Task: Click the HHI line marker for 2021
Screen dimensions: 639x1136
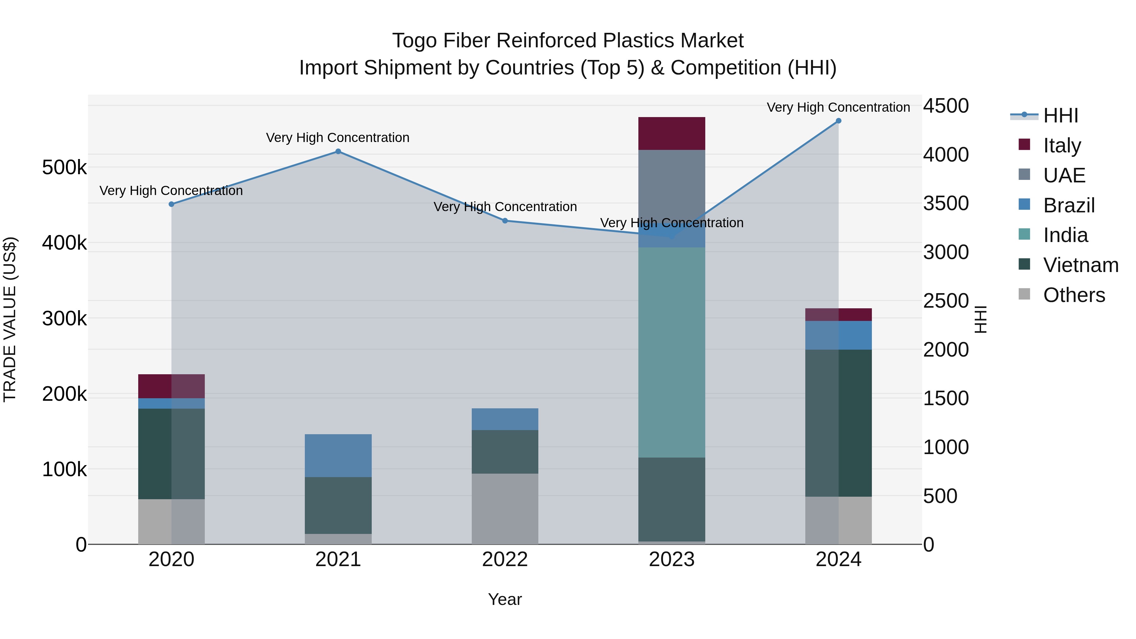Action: (x=338, y=151)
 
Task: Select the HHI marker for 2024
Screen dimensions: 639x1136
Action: (x=838, y=121)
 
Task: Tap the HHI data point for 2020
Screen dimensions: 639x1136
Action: (x=172, y=204)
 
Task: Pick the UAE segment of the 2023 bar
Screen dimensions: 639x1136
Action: (x=672, y=185)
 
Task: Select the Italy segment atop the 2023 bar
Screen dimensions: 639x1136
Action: (x=672, y=133)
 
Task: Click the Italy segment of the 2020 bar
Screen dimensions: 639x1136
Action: (x=172, y=386)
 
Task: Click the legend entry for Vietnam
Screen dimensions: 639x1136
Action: (x=1080, y=265)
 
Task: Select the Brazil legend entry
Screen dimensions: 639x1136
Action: (x=1068, y=205)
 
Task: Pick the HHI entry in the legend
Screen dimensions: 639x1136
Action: (x=1060, y=115)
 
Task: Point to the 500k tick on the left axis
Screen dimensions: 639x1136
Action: (x=64, y=168)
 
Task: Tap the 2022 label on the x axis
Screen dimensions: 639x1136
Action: (x=505, y=559)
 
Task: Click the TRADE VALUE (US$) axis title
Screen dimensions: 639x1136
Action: (x=10, y=319)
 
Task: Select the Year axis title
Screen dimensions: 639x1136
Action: (x=505, y=599)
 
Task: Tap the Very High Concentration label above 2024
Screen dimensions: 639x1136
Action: (x=838, y=107)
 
